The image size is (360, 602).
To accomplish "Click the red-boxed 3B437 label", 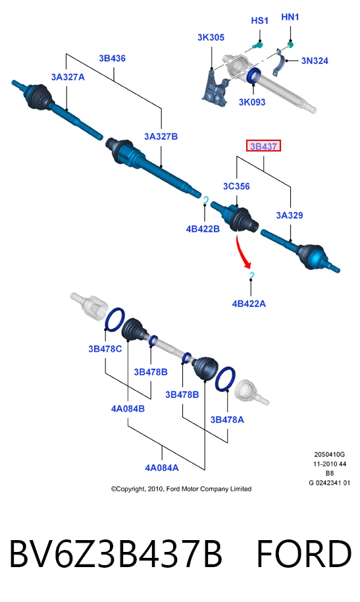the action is (263, 146).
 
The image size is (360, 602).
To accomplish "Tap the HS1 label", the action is (259, 20).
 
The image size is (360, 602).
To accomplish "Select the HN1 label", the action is (290, 17).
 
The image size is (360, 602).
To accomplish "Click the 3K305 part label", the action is (211, 38).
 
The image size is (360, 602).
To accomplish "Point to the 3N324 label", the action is (315, 61).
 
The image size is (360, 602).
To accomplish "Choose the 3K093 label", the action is (252, 102).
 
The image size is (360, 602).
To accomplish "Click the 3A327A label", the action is (68, 77).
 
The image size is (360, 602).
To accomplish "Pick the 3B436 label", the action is (112, 59).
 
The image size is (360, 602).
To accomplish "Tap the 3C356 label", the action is (236, 186).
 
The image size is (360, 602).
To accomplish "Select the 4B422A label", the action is (249, 304).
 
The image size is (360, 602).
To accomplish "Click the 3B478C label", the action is (105, 348).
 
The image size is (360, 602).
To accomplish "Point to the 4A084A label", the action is (162, 468).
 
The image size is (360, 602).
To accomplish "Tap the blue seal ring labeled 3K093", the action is (253, 75).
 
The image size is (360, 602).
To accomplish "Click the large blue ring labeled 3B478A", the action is (225, 379).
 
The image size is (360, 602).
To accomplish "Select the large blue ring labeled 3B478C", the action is (115, 320).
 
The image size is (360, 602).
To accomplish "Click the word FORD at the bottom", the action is (303, 554).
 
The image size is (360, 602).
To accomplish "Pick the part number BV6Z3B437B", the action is (116, 554).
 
